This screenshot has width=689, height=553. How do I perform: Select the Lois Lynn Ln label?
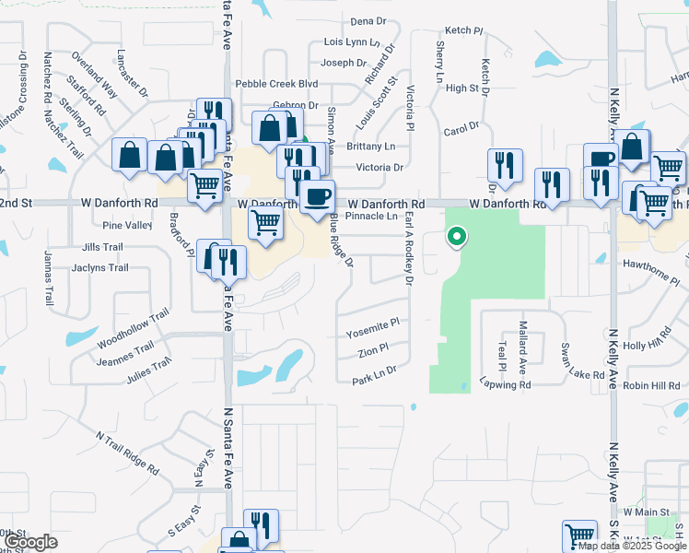point(351,42)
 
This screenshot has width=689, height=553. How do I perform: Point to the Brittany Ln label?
point(370,147)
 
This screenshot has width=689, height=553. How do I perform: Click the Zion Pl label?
point(374,352)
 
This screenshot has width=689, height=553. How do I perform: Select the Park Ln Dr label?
point(373,370)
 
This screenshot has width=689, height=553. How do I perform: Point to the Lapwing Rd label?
point(506,385)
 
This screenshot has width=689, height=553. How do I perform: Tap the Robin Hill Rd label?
point(652,386)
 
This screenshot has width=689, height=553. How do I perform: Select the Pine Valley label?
point(127,225)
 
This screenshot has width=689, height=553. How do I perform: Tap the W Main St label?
point(646,512)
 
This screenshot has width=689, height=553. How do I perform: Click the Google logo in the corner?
point(29,542)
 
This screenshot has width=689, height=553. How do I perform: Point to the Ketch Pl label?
point(463,31)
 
